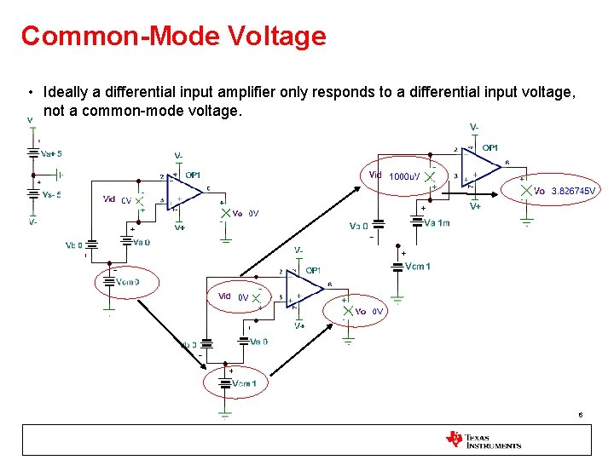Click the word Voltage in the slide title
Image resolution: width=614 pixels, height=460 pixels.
pos(277,36)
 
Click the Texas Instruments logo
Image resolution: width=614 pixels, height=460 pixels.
pos(483,440)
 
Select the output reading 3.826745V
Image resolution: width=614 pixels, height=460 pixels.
pos(573,191)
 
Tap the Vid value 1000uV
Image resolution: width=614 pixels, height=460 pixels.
pos(404,176)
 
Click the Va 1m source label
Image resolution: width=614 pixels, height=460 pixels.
pos(437,223)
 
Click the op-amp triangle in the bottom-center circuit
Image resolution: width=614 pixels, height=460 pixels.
pos(304,295)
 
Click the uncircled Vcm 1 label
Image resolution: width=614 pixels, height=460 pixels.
pos(418,267)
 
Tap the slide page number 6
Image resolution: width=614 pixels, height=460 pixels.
pos(580,416)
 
